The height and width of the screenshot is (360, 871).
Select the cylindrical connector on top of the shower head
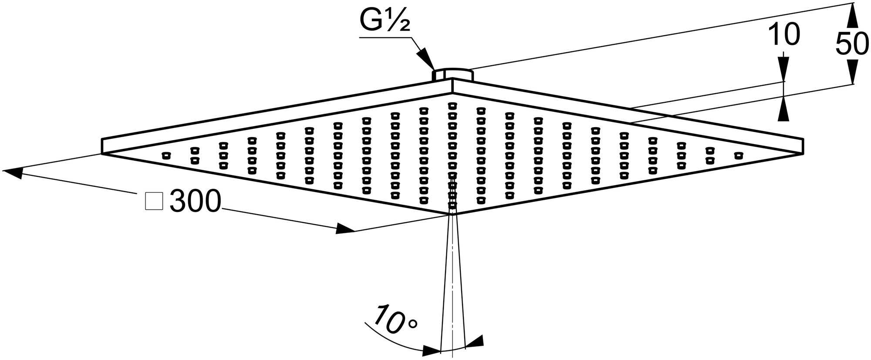coord(453,74)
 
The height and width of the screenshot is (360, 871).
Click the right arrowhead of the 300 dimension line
coord(346,229)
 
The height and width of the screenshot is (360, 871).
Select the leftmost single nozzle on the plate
coord(166,155)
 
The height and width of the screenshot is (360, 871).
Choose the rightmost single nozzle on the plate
coord(739,155)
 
